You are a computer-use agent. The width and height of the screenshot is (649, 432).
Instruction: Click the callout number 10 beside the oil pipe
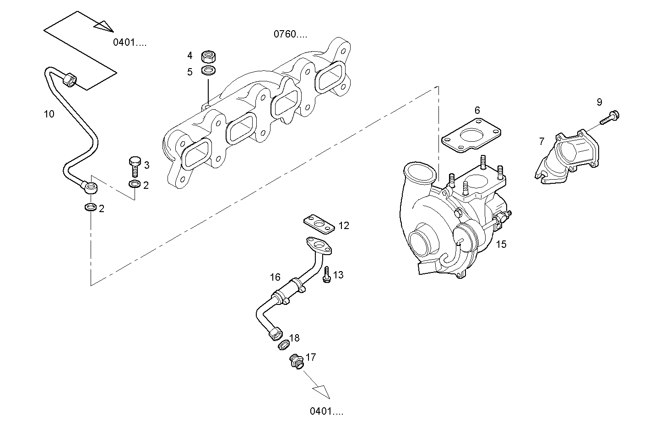(x=49, y=114)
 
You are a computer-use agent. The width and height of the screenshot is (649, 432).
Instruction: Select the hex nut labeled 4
(x=209, y=57)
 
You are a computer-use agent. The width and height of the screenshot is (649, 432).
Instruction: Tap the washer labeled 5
(x=209, y=71)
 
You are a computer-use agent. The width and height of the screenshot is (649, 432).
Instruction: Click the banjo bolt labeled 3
(x=135, y=166)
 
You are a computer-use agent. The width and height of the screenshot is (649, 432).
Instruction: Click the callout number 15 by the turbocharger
(x=501, y=244)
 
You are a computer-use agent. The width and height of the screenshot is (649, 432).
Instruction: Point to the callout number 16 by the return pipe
(x=275, y=277)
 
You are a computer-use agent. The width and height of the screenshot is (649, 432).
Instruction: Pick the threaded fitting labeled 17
(x=296, y=362)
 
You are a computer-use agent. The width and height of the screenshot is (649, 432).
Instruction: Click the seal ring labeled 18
(x=284, y=344)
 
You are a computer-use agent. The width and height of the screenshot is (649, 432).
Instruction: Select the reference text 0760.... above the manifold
(x=291, y=34)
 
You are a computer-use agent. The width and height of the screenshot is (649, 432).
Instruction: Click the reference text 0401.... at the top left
(x=130, y=43)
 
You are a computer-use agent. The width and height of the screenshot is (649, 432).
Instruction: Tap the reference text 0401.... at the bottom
(x=326, y=411)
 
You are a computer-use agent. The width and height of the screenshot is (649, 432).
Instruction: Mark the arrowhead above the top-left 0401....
(x=104, y=26)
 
